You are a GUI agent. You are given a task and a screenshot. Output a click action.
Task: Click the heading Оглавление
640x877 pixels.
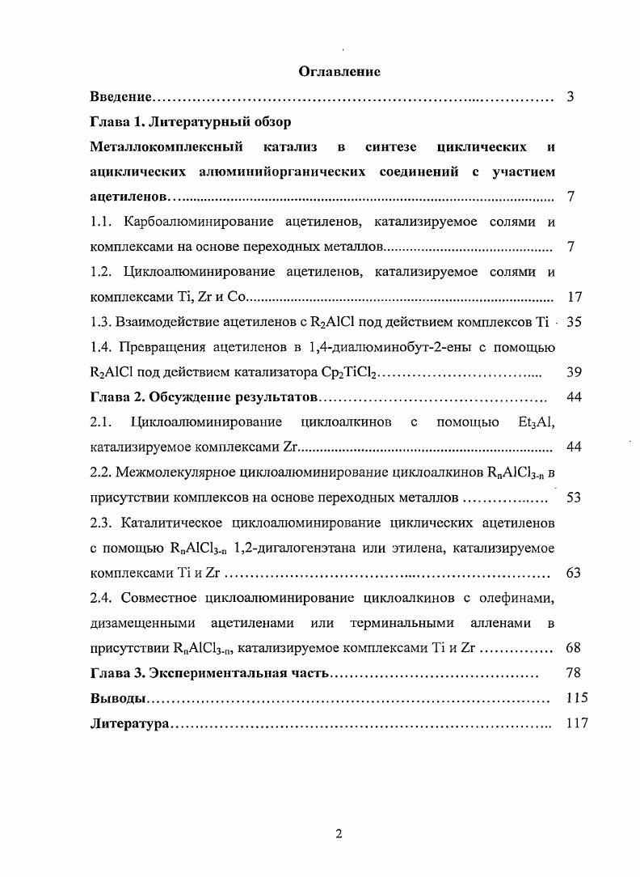point(339,72)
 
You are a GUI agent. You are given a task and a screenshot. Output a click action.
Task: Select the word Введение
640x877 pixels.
point(120,97)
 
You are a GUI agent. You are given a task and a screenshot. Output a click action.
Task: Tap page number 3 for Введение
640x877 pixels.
point(571,97)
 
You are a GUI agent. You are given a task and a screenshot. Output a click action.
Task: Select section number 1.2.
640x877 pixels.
point(101,272)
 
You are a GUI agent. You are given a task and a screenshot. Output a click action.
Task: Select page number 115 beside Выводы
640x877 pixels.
point(577,698)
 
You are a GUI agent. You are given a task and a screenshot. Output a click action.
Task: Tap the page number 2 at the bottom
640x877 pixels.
point(339,835)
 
